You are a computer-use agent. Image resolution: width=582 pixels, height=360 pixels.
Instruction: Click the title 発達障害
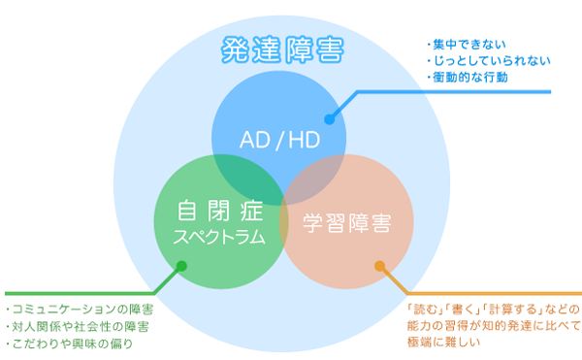(x=281, y=49)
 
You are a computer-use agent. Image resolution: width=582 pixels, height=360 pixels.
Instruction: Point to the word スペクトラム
(x=218, y=236)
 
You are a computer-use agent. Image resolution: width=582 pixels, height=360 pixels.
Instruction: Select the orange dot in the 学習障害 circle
(x=379, y=264)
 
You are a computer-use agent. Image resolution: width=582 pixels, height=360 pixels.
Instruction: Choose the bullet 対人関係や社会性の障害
(x=78, y=326)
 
